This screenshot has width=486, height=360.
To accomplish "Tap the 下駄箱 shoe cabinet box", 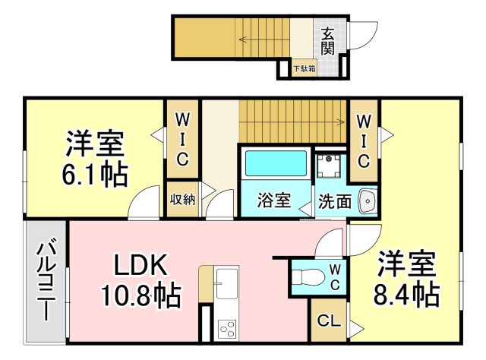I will pyautogui.click(x=305, y=68).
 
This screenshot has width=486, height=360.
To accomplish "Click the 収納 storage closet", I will pyautogui.click(x=183, y=200).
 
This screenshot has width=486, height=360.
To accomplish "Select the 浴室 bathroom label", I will pyautogui.click(x=273, y=201).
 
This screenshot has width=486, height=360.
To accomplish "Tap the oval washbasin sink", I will pyautogui.click(x=368, y=202).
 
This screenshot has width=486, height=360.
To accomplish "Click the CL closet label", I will pyautogui.click(x=327, y=320).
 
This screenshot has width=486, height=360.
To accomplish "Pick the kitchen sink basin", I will pyautogui.click(x=226, y=286).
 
